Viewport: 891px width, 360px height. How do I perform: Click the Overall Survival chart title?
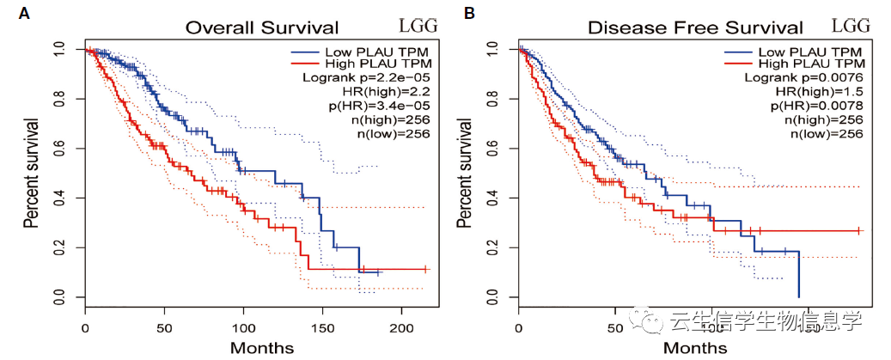262,27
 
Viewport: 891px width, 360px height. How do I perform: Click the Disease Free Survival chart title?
695,27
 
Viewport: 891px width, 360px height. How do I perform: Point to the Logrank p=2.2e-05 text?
367,77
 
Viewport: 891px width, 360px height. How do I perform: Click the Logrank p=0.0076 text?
803,77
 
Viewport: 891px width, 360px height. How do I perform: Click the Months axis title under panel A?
262,348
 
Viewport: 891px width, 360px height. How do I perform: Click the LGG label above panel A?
418,25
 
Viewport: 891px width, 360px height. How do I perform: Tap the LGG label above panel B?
851,25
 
